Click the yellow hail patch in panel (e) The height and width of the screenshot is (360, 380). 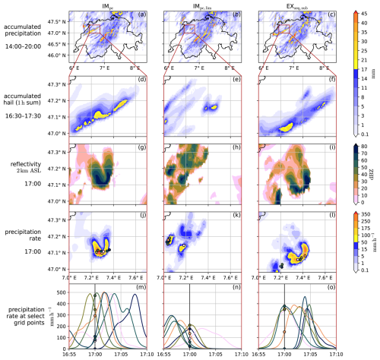(x=211, y=108)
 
